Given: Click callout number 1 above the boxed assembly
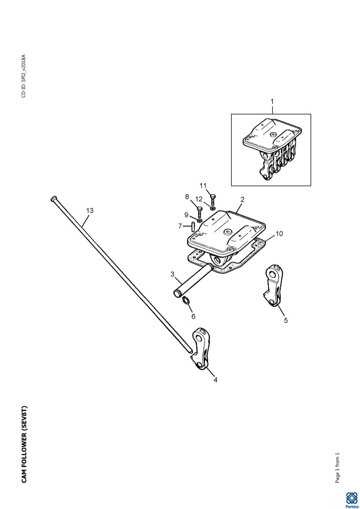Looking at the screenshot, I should (x=272, y=101).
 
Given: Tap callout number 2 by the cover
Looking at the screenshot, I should (x=242, y=200).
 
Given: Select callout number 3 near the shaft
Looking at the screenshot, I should (x=173, y=274).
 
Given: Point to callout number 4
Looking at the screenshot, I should (x=215, y=380).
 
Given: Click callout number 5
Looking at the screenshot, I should (x=286, y=320).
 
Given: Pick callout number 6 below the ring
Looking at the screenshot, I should (x=193, y=316).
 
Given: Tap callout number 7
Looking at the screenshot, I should (x=180, y=226).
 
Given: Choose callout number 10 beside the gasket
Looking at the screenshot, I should (x=279, y=233).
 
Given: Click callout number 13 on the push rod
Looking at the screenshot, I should (x=90, y=210).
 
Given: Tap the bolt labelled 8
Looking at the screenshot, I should (x=199, y=212).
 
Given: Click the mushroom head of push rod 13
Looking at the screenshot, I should (x=53, y=199).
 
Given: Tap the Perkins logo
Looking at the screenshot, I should (x=352, y=500).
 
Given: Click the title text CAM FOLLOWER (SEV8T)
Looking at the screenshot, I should (x=24, y=444).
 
